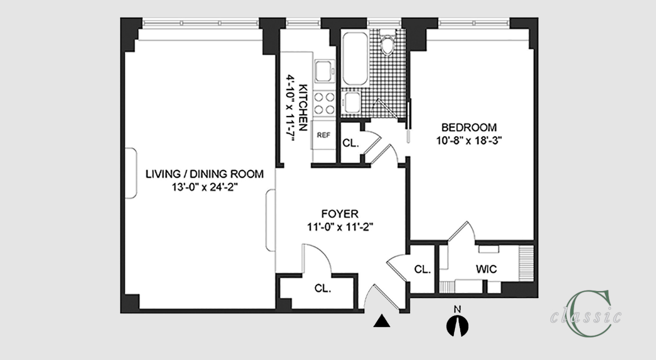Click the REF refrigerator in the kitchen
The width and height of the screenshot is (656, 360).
323,135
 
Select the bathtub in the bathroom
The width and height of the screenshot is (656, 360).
355,59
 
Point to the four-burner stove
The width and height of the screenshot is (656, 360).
324,103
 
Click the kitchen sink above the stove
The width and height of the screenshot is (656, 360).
325,71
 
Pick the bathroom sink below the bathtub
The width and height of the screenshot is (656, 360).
351,103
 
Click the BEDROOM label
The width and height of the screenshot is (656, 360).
469,128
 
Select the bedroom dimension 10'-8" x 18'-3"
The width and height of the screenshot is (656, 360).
469,141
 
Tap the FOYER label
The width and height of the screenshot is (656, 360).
340,214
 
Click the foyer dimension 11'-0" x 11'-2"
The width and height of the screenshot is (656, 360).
340,227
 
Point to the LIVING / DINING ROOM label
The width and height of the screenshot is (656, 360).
204,174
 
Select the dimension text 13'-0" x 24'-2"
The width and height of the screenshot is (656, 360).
204,187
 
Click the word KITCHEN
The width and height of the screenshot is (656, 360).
303,107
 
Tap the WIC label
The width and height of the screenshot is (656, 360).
486,269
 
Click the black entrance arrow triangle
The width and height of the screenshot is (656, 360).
381,321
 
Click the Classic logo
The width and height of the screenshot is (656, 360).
586,314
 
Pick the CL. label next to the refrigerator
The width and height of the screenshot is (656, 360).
351,143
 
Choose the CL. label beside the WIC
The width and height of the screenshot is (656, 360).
422,269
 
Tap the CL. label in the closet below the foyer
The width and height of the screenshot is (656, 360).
323,289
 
